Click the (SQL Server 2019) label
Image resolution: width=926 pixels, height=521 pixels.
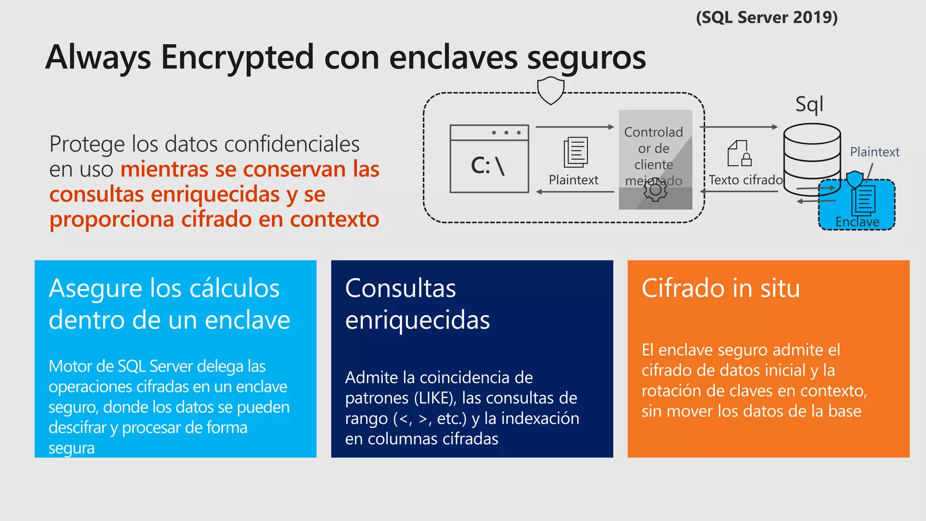click(x=767, y=18)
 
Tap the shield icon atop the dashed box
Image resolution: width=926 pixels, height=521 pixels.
click(x=551, y=90)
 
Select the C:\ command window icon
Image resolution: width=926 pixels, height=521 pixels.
click(x=489, y=159)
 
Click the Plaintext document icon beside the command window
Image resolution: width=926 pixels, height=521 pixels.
click(x=576, y=152)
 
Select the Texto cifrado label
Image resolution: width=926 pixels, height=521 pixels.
click(x=746, y=180)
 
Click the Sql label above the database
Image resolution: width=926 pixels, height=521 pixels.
click(x=809, y=104)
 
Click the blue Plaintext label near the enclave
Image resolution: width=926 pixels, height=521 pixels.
click(x=874, y=152)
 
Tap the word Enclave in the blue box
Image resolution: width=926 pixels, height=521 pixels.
click(x=857, y=222)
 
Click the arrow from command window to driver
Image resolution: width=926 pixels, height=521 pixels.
click(x=575, y=127)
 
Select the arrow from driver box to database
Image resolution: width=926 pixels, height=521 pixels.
click(x=739, y=127)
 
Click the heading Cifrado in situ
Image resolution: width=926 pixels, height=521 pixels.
click(x=721, y=289)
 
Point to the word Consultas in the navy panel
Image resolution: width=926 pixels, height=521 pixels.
click(x=400, y=289)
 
